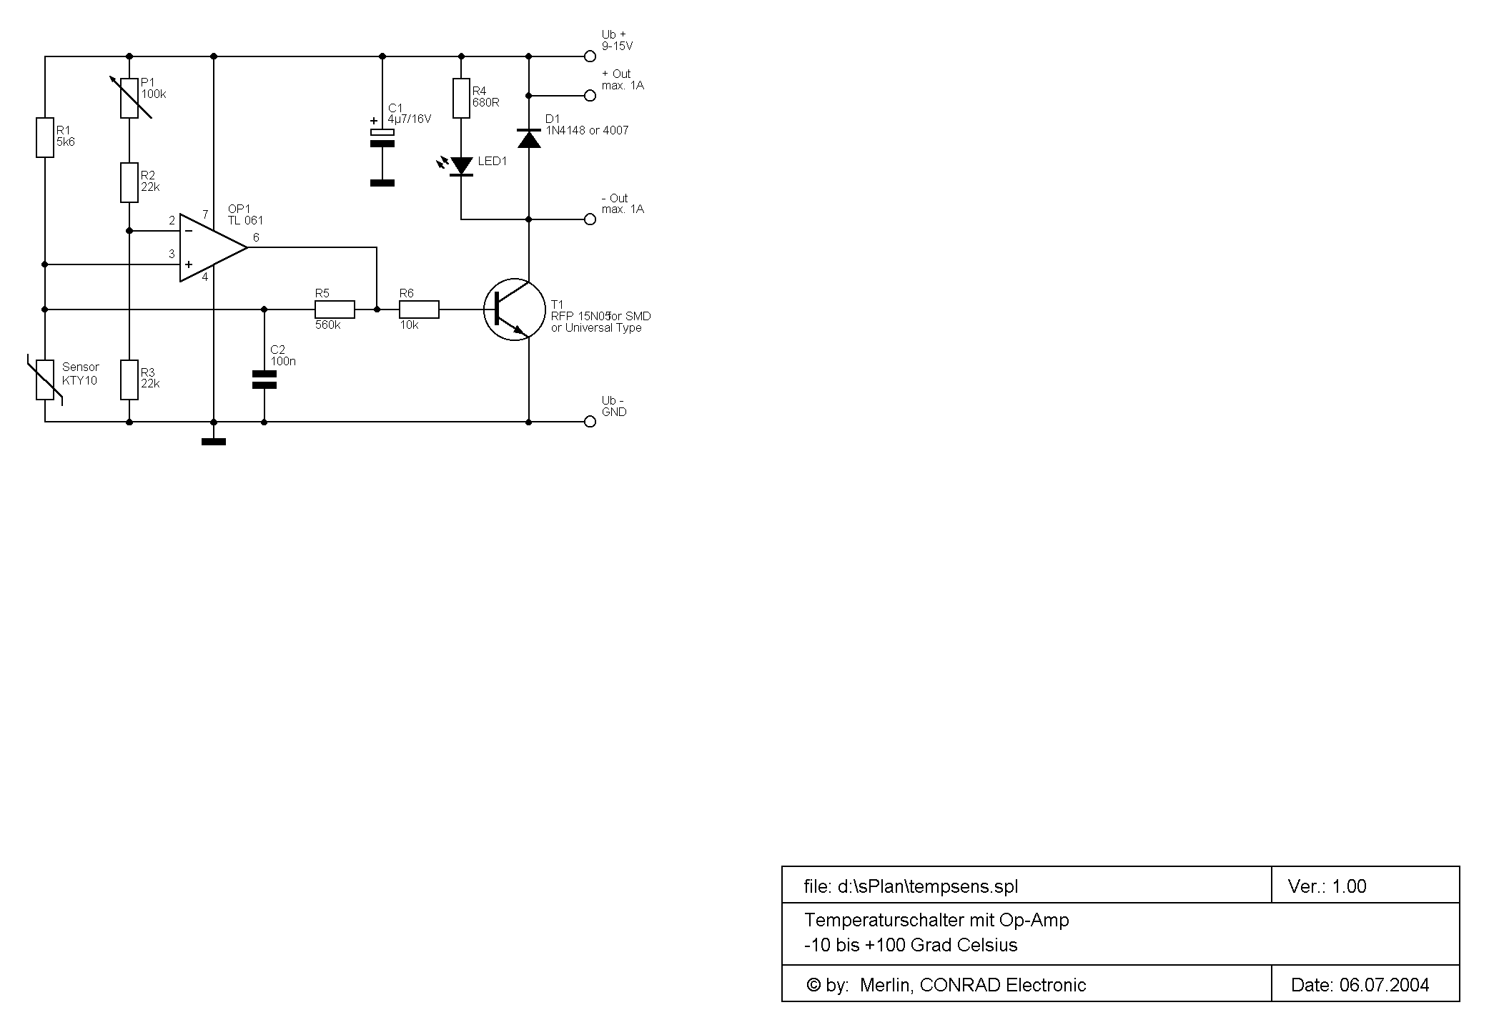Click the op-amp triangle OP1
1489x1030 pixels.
213,247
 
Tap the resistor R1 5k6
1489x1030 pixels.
45,137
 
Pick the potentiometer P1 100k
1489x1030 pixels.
129,98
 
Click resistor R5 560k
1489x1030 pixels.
335,310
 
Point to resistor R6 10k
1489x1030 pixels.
419,310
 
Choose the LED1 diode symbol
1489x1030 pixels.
461,167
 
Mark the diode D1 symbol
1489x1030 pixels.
529,139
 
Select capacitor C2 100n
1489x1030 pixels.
264,380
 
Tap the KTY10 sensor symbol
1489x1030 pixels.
45,380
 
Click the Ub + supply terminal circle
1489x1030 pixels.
590,56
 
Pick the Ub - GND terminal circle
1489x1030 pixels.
590,422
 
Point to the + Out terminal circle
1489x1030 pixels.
590,95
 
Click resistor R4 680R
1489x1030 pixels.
461,98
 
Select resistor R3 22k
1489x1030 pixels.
129,380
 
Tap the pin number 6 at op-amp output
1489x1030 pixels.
256,237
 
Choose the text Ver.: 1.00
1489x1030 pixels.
1327,886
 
